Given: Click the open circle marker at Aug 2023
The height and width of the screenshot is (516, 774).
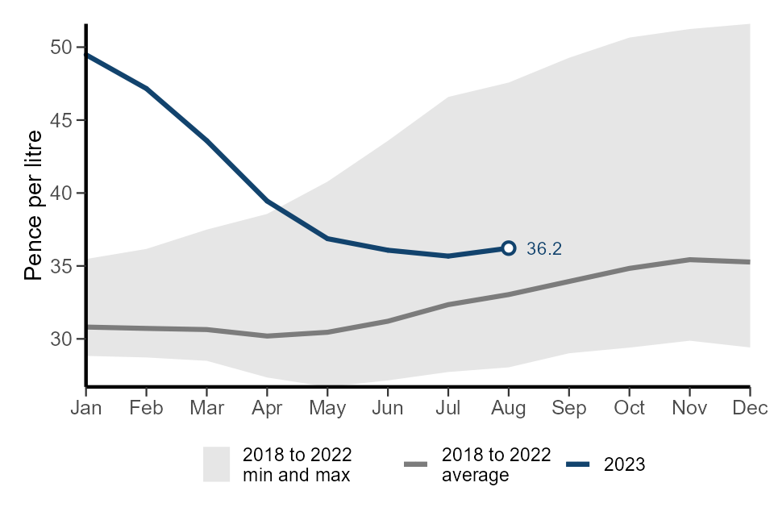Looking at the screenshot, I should pyautogui.click(x=509, y=248).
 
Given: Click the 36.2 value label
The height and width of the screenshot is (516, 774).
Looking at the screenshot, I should pyautogui.click(x=543, y=249).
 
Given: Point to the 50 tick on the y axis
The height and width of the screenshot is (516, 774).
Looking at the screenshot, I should pyautogui.click(x=62, y=48).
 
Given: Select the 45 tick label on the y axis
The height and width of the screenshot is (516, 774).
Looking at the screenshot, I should pyautogui.click(x=62, y=120).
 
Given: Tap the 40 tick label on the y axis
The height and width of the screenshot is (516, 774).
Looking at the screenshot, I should pyautogui.click(x=62, y=193).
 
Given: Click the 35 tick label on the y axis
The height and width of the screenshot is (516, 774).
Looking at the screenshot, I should pyautogui.click(x=62, y=266).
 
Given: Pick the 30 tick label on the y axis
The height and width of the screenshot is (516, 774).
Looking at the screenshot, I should pyautogui.click(x=62, y=339).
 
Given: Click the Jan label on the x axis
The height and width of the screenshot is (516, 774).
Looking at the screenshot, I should pyautogui.click(x=86, y=408).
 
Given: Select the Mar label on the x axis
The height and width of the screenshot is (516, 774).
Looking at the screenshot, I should pyautogui.click(x=206, y=408).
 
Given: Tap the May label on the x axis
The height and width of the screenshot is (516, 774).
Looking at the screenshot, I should pyautogui.click(x=327, y=408).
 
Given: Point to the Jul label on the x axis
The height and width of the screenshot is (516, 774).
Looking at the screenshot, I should pyautogui.click(x=448, y=408).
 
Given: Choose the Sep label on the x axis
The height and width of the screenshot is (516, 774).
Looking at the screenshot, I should pyautogui.click(x=569, y=408).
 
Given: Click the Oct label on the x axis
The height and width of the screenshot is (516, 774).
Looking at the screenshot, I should pyautogui.click(x=630, y=408).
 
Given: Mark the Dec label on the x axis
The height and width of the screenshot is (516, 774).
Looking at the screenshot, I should pyautogui.click(x=749, y=408).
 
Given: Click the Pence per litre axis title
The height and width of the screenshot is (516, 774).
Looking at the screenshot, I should pyautogui.click(x=33, y=205).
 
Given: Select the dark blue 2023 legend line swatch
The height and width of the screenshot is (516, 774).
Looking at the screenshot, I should pyautogui.click(x=579, y=464).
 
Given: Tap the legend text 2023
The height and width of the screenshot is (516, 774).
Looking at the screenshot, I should pyautogui.click(x=625, y=464).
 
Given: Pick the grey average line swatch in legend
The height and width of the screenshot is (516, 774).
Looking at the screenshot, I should pyautogui.click(x=416, y=464).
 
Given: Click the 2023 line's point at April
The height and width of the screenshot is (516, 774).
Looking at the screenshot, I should pyautogui.click(x=267, y=201).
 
